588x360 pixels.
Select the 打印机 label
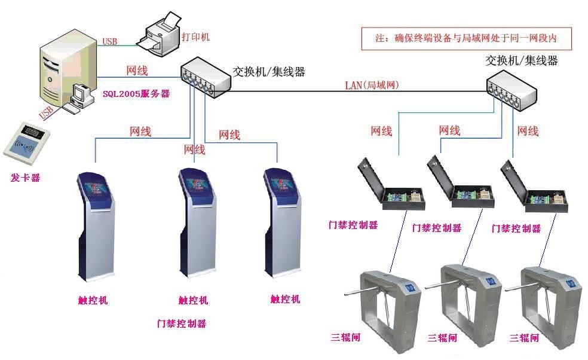[x=197, y=37]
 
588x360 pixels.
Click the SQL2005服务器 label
[x=136, y=93]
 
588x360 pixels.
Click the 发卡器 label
[x=25, y=178]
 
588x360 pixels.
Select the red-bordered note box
[x=466, y=38]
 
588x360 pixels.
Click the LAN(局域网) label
[x=372, y=85]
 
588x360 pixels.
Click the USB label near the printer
[x=110, y=42]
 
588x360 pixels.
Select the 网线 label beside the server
[x=137, y=71]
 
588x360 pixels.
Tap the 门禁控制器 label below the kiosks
[x=182, y=324]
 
